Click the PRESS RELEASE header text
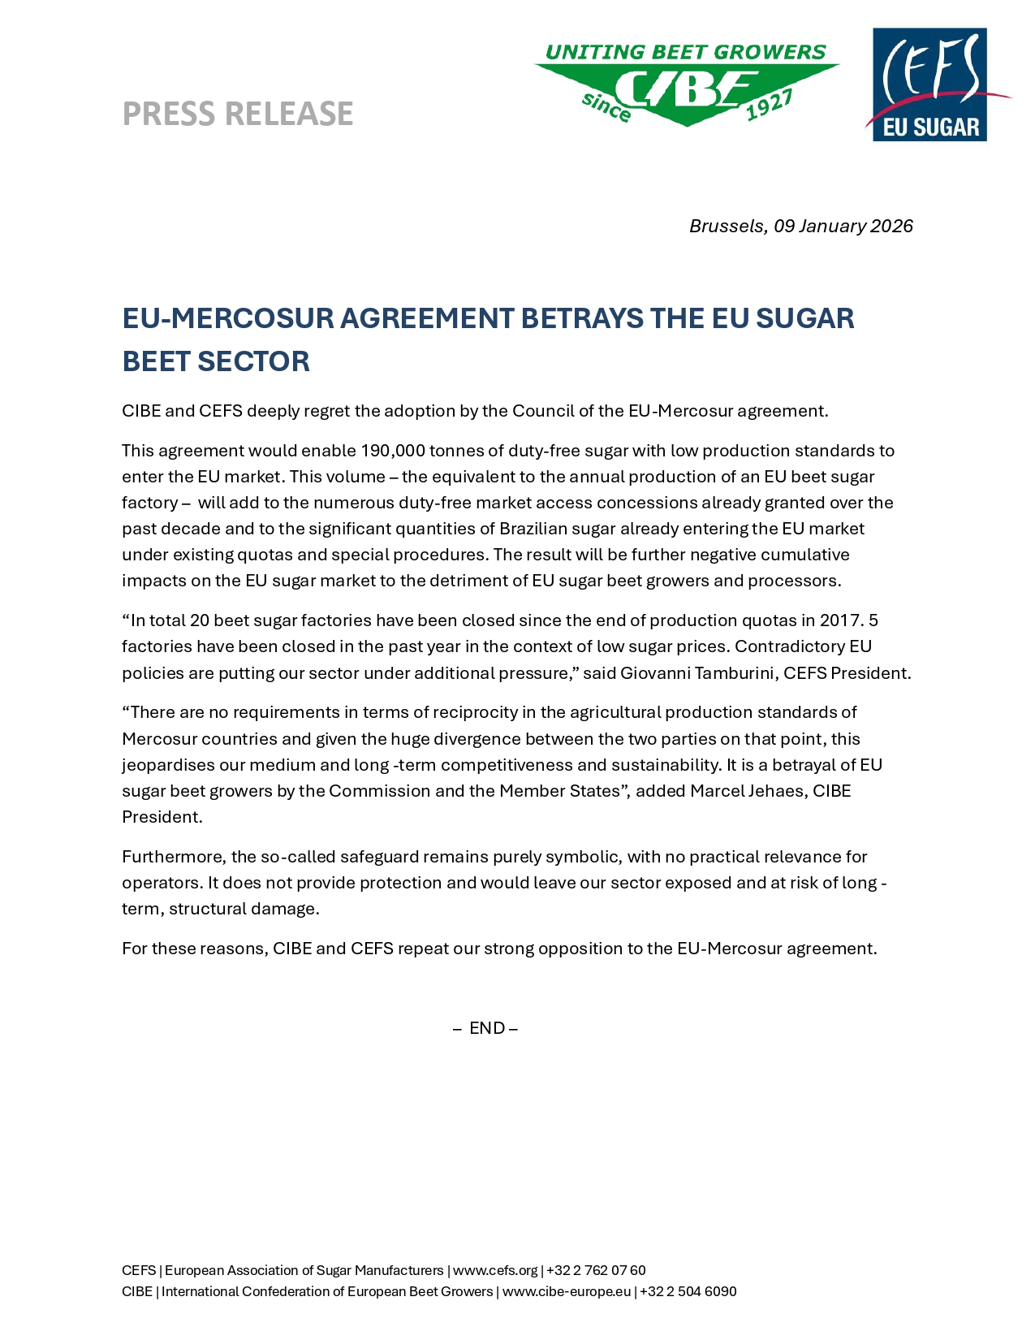tap(238, 114)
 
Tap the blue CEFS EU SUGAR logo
tap(929, 85)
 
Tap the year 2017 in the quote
tap(839, 620)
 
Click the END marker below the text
tap(486, 1028)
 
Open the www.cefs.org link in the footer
tap(495, 1270)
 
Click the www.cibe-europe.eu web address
tap(567, 1291)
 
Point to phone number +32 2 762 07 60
tap(596, 1270)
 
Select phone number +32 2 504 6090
tap(688, 1291)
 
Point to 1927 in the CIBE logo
tap(769, 104)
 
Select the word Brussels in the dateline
tap(726, 226)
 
